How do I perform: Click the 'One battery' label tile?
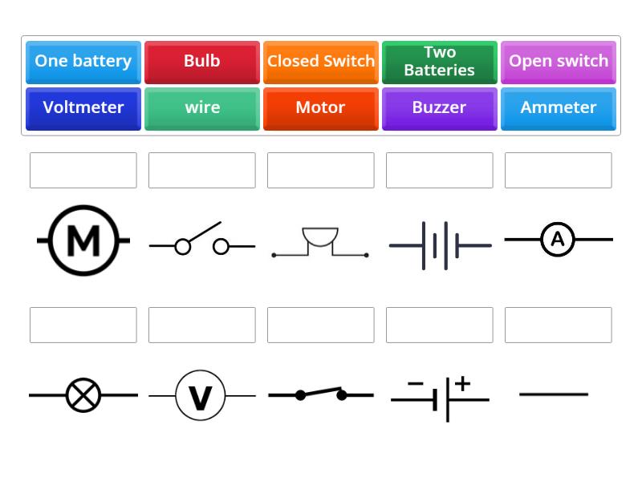tap(83, 62)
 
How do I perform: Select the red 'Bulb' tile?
tap(201, 62)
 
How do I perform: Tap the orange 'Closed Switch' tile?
tap(320, 62)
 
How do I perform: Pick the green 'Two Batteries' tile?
tap(439, 62)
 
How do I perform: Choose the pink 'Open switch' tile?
tap(558, 62)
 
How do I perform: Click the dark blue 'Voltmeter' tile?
tap(83, 108)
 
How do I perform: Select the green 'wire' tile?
tap(201, 108)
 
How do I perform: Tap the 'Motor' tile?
tap(320, 108)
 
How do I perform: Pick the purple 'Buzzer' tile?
tap(439, 108)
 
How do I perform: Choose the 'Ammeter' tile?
tap(558, 108)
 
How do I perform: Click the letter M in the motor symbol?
tap(83, 240)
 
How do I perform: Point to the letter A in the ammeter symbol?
tap(558, 240)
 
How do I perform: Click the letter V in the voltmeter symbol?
tap(200, 396)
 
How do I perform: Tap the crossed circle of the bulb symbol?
tap(83, 395)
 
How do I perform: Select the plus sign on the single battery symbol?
tap(462, 384)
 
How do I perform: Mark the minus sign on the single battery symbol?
tap(415, 384)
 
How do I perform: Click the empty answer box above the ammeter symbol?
tap(558, 170)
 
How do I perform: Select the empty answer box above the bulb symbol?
tap(83, 325)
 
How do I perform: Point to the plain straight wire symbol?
tap(554, 394)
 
